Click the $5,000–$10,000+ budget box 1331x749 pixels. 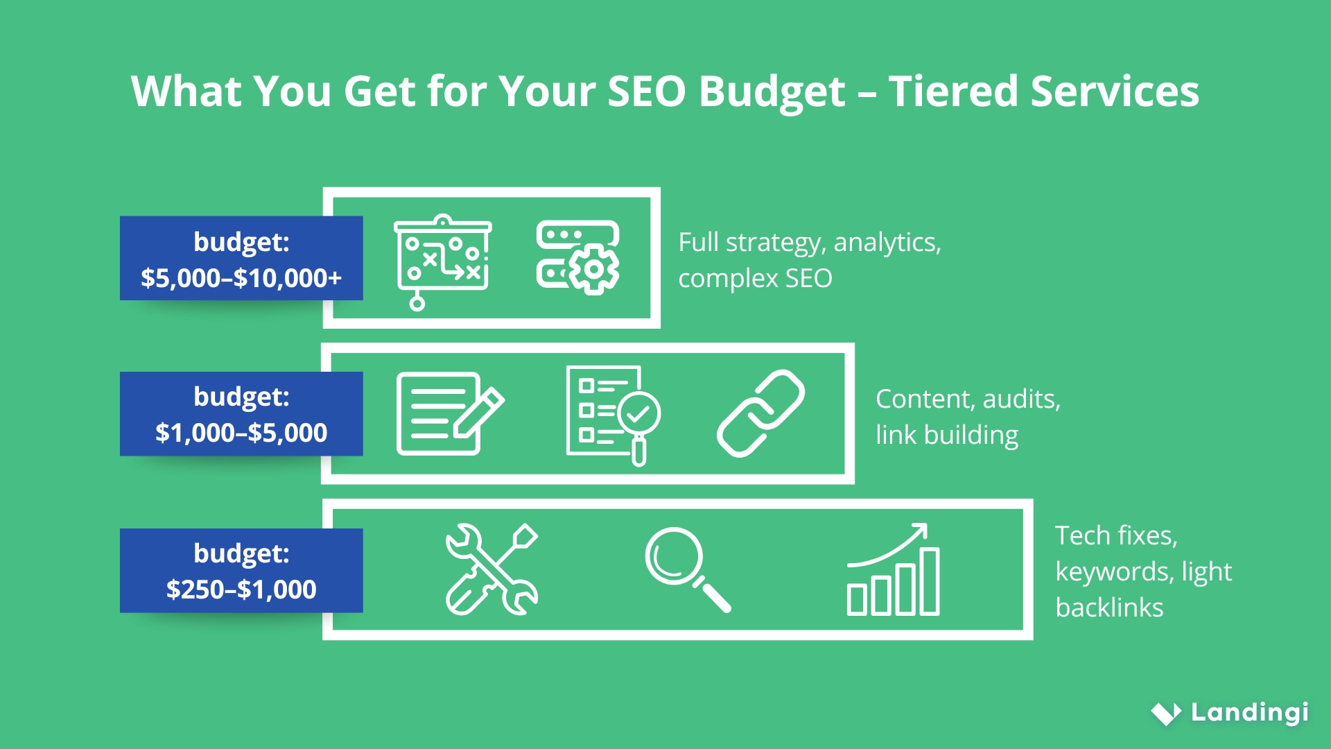click(241, 259)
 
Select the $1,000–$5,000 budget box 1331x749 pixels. click(241, 414)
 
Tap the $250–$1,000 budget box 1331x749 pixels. click(241, 571)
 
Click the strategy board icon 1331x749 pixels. click(442, 261)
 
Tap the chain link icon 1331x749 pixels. click(760, 413)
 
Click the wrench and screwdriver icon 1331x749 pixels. click(491, 569)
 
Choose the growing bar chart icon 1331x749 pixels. click(894, 569)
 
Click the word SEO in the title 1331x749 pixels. click(646, 92)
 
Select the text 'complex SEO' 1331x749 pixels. click(755, 279)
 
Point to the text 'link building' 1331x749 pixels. click(947, 436)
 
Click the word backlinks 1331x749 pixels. click(1109, 608)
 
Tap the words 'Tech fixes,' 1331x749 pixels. click(1116, 535)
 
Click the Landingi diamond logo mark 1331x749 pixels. click(1166, 713)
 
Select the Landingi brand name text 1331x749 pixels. click(1249, 712)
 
